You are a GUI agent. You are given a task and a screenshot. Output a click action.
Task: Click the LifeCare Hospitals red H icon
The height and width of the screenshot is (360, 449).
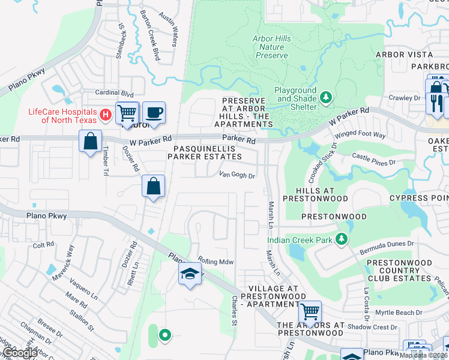pos(106,113)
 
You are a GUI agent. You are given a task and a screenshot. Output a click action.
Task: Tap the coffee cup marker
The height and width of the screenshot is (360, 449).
pos(154,112)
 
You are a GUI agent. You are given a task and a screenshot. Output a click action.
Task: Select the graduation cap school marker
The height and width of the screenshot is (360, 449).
pos(190,274)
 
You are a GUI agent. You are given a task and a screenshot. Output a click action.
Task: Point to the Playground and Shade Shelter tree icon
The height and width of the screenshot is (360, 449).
pos(326,97)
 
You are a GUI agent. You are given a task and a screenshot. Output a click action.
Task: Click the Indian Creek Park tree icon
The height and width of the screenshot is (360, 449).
pos(342,239)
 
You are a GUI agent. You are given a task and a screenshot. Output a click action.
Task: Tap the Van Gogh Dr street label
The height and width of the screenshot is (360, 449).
pos(237,176)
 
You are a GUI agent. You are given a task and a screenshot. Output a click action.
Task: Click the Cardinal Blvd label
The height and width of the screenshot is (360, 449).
pos(114,94)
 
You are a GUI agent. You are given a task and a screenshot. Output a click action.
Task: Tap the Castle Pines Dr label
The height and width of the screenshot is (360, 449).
pos(374,160)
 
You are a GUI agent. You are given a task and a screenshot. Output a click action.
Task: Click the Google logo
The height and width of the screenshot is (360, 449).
pos(20,353)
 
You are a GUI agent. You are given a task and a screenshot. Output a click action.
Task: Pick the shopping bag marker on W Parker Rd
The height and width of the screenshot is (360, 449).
pos(90,142)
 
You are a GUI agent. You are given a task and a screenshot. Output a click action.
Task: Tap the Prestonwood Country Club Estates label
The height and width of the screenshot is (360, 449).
pos(399,271)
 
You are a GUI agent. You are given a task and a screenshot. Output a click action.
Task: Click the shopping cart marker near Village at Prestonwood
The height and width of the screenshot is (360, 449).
pos(310,311)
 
